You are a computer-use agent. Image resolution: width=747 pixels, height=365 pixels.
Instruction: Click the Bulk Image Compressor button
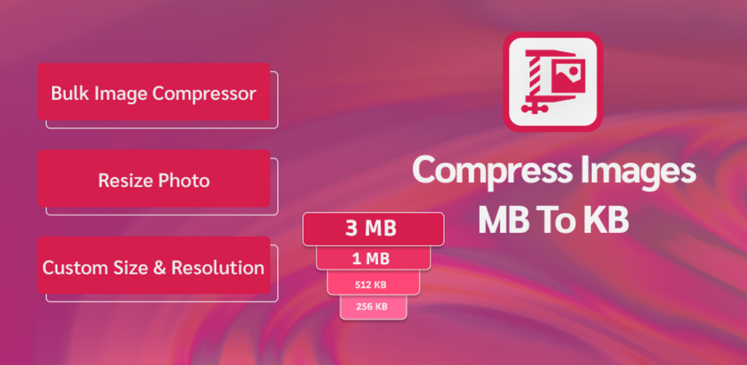tap(154, 91)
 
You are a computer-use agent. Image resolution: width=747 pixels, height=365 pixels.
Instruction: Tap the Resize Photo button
tap(154, 178)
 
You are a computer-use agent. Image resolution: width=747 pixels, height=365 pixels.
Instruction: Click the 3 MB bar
tap(373, 229)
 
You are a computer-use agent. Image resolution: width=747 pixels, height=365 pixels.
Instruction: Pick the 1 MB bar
tap(373, 258)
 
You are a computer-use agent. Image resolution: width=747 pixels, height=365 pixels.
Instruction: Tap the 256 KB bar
tap(373, 307)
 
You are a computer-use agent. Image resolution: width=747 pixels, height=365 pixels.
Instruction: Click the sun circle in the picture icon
tap(574, 71)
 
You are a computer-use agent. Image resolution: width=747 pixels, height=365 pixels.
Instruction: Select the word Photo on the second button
tap(184, 180)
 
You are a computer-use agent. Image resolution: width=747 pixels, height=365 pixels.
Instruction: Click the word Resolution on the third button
tap(217, 268)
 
